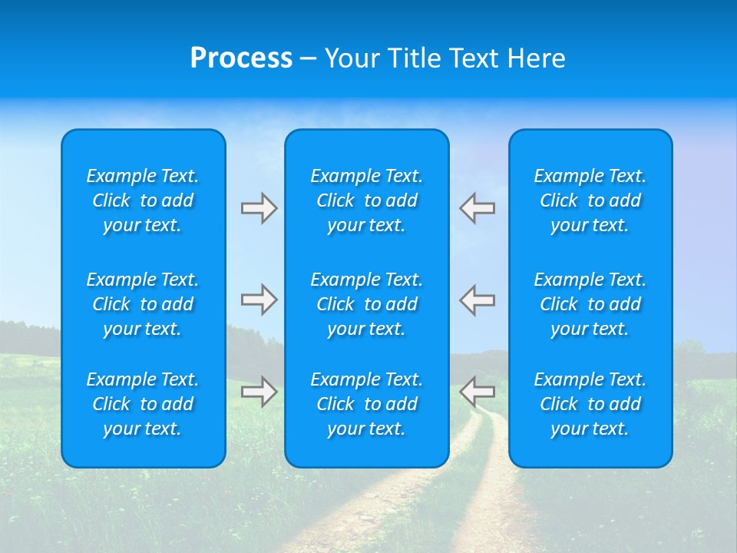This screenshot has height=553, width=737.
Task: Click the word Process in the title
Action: tap(241, 58)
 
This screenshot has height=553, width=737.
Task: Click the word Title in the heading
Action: tap(414, 58)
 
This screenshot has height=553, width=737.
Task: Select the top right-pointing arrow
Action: tap(259, 208)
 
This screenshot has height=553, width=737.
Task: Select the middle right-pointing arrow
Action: tap(259, 300)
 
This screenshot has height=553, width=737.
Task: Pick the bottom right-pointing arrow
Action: tap(259, 392)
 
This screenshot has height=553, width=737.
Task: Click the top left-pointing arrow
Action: tap(477, 208)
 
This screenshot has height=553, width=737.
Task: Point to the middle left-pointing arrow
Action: tap(477, 300)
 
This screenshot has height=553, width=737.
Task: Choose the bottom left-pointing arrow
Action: tap(477, 392)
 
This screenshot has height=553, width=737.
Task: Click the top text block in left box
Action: tap(143, 200)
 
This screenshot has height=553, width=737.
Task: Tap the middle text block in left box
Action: tap(143, 304)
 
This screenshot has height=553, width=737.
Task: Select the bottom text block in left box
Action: tap(143, 404)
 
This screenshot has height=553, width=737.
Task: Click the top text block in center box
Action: tap(367, 200)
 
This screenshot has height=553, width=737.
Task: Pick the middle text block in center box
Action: tap(367, 304)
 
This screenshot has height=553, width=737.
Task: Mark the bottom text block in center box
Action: tap(367, 404)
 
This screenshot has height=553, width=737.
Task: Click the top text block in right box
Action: tap(590, 200)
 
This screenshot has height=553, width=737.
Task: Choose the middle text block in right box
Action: tap(590, 304)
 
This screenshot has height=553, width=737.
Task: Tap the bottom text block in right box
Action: tap(590, 404)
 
